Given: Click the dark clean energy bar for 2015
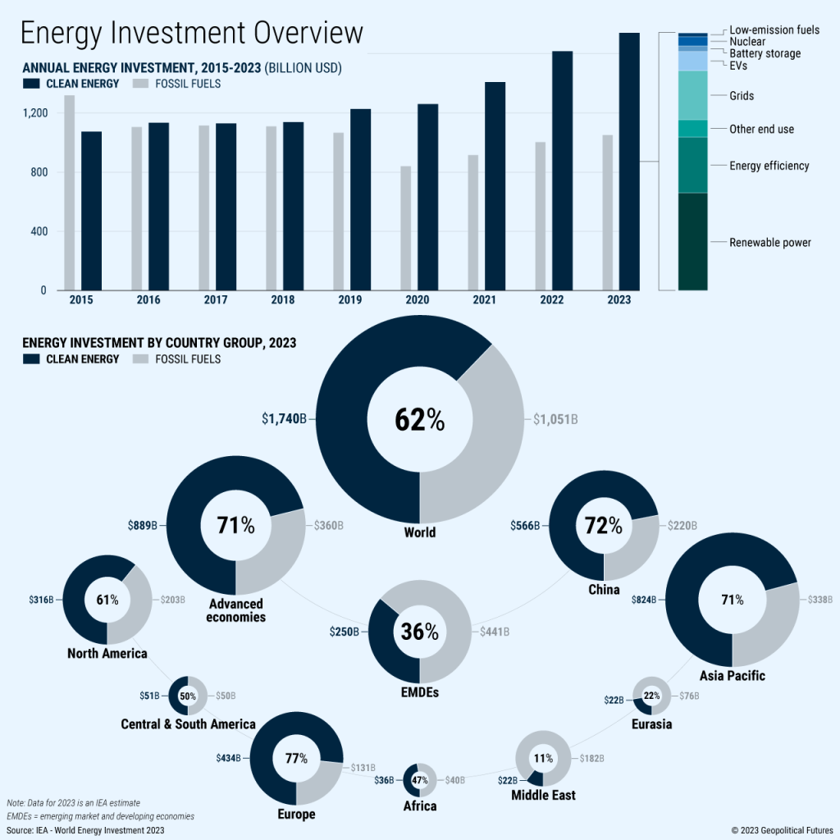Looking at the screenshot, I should click(x=91, y=211).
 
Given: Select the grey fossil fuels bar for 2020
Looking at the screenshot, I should click(x=405, y=228).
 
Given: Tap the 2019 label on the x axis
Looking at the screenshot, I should click(x=349, y=300).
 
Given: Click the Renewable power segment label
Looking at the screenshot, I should click(x=770, y=243).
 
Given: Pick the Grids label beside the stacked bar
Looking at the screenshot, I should click(x=742, y=96).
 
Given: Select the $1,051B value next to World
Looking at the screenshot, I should click(x=555, y=419).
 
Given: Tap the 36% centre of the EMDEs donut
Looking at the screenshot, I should click(x=419, y=632).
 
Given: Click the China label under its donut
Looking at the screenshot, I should click(x=603, y=590).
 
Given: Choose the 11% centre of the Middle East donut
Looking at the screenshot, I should click(x=542, y=758).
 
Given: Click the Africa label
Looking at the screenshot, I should click(x=419, y=806).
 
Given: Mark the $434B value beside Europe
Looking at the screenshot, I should click(x=228, y=758).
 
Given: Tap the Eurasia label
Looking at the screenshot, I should click(x=652, y=724).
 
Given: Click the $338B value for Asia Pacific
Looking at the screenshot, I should click(x=822, y=600).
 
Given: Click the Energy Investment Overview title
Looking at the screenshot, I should click(x=191, y=33).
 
